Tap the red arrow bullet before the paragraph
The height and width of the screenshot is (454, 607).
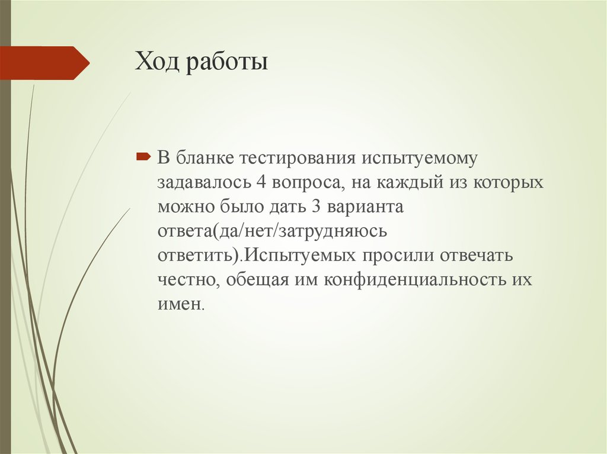click(142, 157)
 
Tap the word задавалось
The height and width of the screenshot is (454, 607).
click(201, 183)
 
